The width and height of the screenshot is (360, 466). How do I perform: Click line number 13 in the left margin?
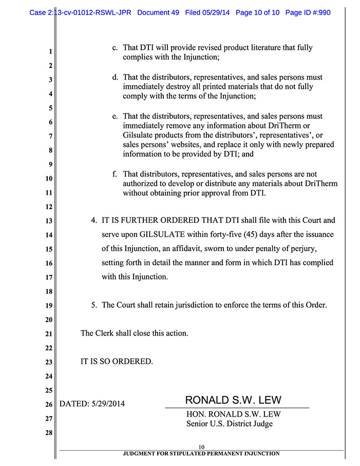click(x=49, y=221)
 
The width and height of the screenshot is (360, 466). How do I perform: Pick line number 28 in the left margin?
click(x=49, y=433)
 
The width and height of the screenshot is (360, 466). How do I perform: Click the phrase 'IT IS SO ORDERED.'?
click(x=117, y=361)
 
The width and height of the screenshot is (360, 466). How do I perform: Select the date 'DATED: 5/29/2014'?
click(x=92, y=404)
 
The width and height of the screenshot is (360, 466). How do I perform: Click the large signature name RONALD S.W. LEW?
click(x=233, y=400)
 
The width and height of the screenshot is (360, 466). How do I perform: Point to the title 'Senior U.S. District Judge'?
click(x=230, y=424)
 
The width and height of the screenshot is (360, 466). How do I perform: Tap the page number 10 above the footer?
click(x=201, y=447)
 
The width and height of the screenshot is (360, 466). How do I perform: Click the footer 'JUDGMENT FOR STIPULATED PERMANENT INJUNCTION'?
click(x=201, y=454)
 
